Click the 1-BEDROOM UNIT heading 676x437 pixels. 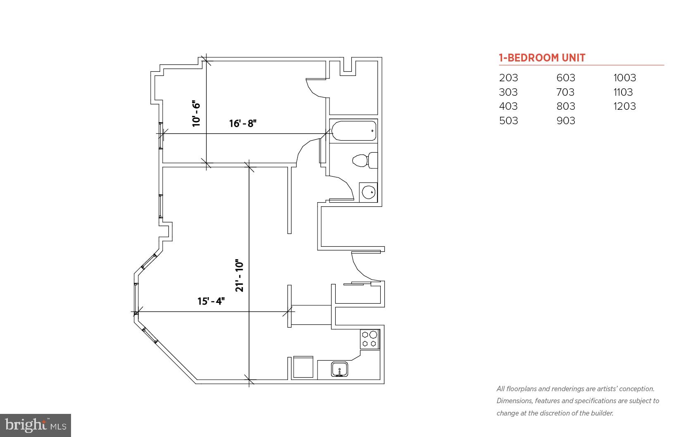(542, 58)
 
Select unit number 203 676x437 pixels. (508, 78)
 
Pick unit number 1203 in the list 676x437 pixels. (624, 106)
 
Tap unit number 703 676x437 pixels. (565, 92)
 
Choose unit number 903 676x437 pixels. (565, 121)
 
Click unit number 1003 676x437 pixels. (624, 78)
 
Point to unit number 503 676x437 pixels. (508, 121)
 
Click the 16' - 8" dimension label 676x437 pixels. (243, 123)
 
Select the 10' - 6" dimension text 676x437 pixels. (196, 114)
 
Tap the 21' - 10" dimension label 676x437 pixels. (240, 276)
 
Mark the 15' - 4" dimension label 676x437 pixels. (211, 301)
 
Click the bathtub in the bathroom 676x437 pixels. (354, 131)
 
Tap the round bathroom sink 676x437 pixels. (368, 192)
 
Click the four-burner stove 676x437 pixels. (370, 339)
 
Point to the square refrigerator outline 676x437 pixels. (303, 367)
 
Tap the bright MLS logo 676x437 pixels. (36, 425)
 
